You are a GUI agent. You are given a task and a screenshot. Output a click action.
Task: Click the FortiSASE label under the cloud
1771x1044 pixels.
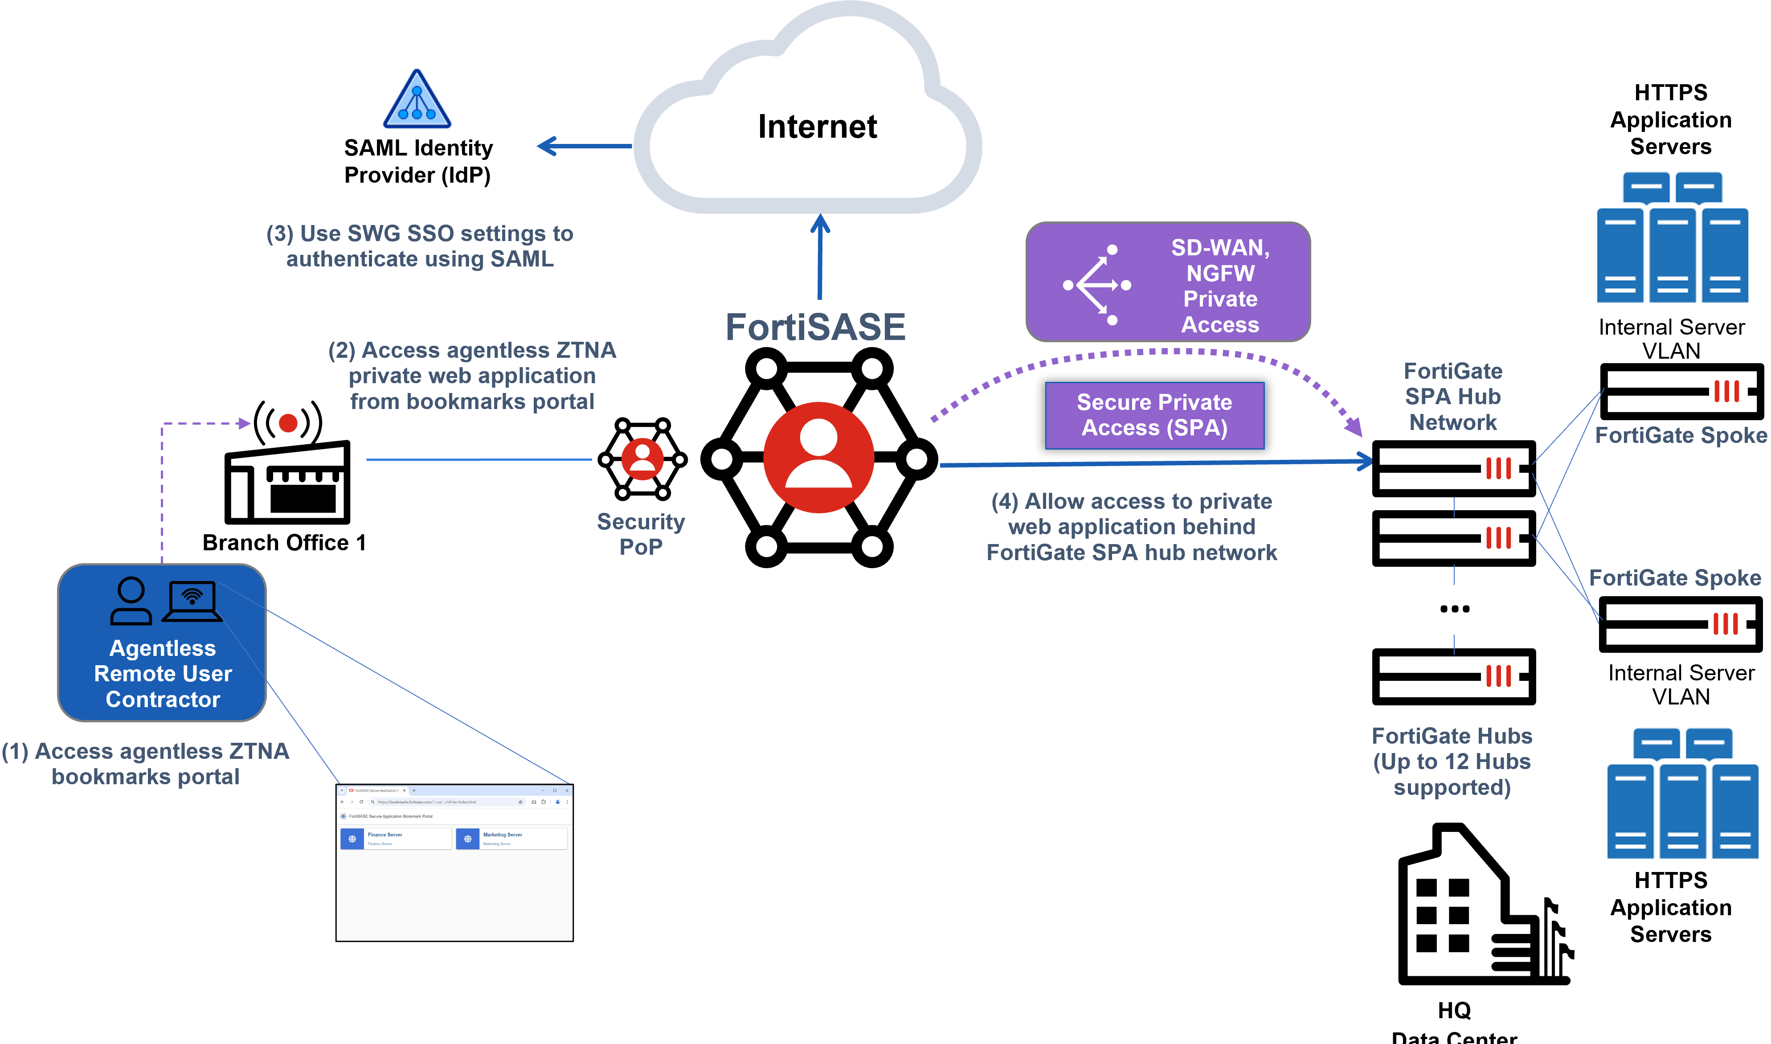coord(815,327)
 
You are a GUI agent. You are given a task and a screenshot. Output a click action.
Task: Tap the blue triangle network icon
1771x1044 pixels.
coord(417,98)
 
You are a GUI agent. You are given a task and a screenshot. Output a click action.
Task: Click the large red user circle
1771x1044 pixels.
coord(819,457)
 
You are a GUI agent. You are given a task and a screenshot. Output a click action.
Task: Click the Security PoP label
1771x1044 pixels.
coord(641,534)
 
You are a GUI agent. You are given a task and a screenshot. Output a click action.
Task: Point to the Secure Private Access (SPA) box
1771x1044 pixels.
coord(1154,415)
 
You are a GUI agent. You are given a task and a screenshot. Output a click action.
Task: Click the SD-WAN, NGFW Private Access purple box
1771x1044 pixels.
coord(1168,282)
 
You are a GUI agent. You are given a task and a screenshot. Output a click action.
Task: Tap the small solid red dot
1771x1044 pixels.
coord(288,423)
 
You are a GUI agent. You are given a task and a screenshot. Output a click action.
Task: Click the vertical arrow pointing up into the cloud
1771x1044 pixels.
coord(820,257)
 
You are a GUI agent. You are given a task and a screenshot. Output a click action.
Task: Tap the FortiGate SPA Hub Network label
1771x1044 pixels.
coord(1452,397)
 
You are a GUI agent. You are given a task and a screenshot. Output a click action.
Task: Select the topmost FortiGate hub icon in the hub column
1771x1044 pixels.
coord(1500,470)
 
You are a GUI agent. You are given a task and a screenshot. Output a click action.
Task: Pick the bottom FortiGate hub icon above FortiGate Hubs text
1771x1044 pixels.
coord(1500,677)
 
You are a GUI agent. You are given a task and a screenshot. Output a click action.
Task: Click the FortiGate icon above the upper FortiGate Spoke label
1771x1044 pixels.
coord(1727,392)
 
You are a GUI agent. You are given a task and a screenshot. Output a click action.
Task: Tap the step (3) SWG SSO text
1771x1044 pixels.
coord(420,246)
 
